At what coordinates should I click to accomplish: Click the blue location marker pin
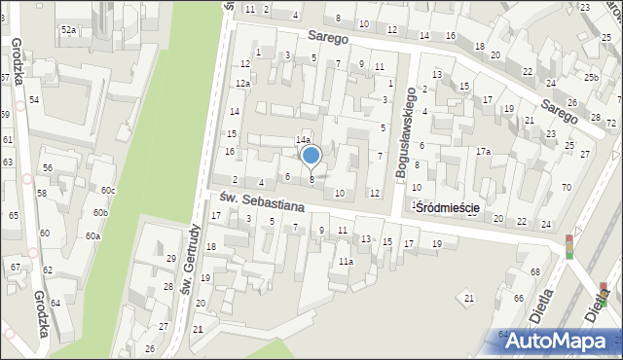pyautogui.click(x=311, y=156)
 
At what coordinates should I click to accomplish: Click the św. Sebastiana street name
pyautogui.click(x=262, y=201)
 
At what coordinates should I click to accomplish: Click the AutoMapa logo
pyautogui.click(x=559, y=340)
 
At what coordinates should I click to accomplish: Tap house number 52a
pyautogui.click(x=68, y=30)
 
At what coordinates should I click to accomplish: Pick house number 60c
pyautogui.click(x=107, y=190)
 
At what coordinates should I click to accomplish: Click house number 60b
pyautogui.click(x=100, y=212)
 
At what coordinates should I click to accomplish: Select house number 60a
pyautogui.click(x=92, y=235)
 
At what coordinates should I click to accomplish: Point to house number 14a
pyautogui.click(x=303, y=140)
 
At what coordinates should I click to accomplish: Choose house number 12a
pyautogui.click(x=241, y=84)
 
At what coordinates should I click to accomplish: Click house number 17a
pyautogui.click(x=483, y=151)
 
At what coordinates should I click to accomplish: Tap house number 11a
pyautogui.click(x=346, y=261)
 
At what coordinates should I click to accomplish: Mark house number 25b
pyautogui.click(x=591, y=76)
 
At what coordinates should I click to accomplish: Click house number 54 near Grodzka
pyautogui.click(x=33, y=100)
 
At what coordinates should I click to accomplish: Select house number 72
pyautogui.click(x=610, y=124)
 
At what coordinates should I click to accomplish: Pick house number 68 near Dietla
pyautogui.click(x=534, y=270)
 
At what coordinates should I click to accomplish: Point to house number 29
pyautogui.click(x=170, y=258)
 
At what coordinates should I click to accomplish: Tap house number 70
pyautogui.click(x=566, y=186)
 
